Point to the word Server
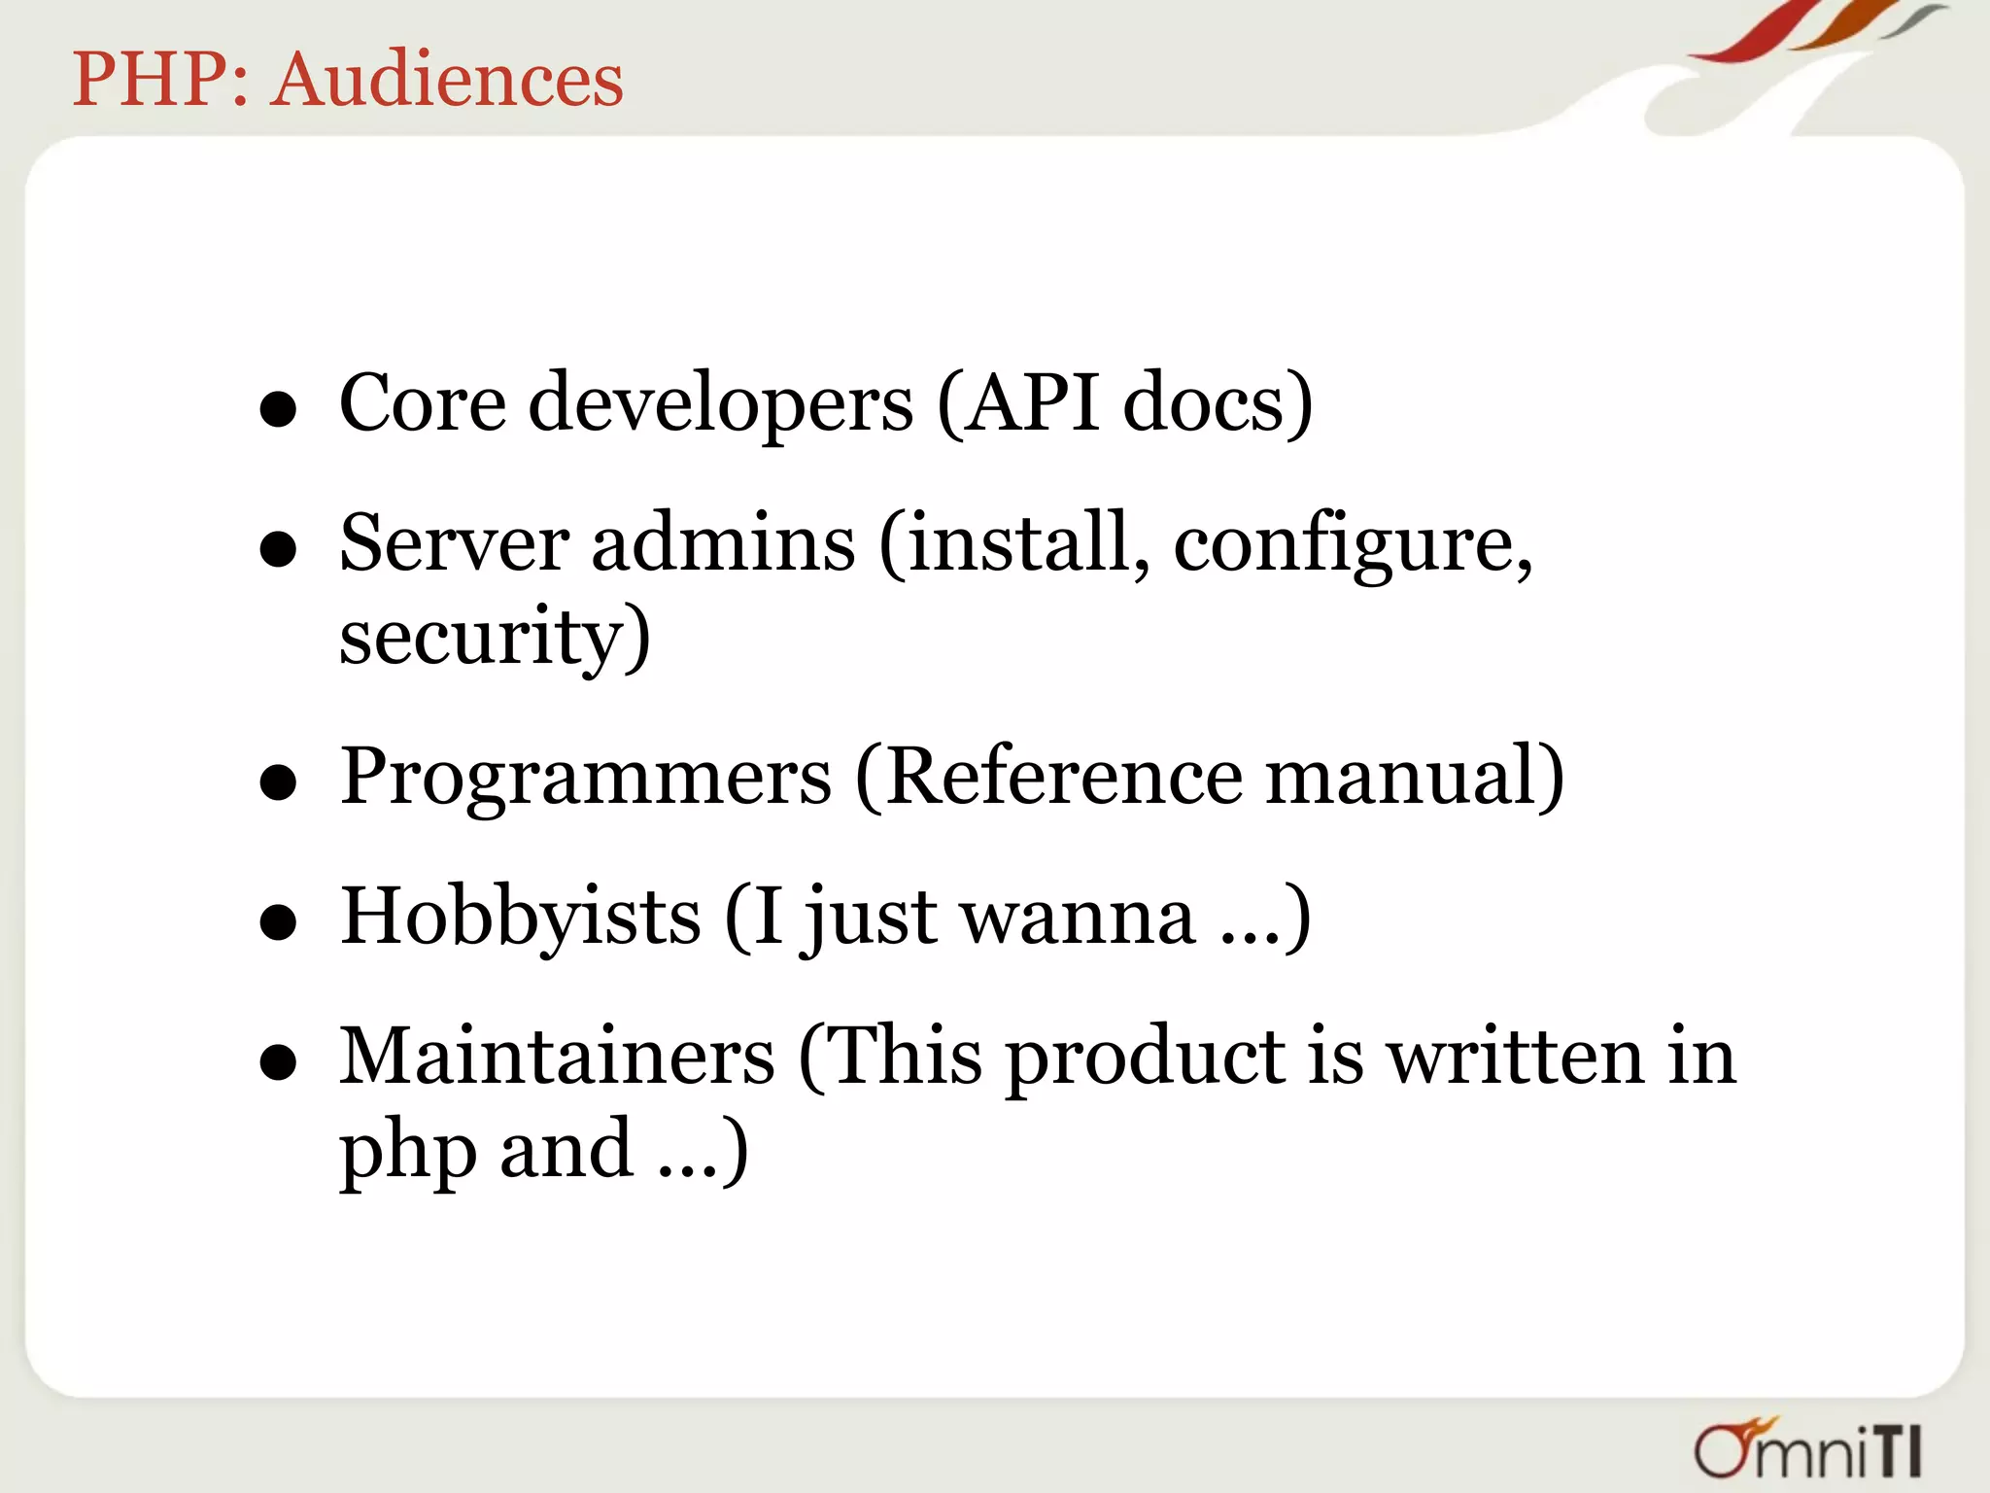(454, 542)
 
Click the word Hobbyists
(520, 916)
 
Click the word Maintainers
(557, 1057)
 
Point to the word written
(1515, 1057)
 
